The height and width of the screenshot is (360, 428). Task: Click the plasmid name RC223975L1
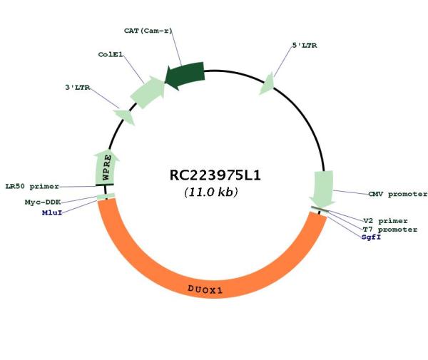[215, 175]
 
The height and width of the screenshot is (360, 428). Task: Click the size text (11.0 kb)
[211, 192]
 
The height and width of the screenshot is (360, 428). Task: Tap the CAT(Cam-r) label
[148, 31]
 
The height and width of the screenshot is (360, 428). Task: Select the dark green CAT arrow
[185, 76]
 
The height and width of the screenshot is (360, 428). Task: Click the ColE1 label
[111, 55]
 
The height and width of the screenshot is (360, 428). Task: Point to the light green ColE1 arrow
[148, 92]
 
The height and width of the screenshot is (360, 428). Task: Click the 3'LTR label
[78, 88]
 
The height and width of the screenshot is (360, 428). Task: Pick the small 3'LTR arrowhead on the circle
[125, 116]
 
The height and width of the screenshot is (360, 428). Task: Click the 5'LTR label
[305, 46]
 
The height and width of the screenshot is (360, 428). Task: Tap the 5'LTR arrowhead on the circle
[267, 84]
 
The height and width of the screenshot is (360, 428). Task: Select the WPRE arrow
[106, 167]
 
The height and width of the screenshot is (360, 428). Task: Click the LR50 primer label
[32, 187]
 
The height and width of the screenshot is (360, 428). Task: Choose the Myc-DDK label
[43, 202]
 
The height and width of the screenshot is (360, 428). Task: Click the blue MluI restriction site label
[52, 212]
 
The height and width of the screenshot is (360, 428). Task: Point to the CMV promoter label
[397, 194]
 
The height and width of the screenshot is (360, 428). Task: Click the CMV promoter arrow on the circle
[323, 189]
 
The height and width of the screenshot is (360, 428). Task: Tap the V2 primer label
[385, 221]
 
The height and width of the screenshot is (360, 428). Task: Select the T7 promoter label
[390, 230]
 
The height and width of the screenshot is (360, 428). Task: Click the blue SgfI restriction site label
[371, 237]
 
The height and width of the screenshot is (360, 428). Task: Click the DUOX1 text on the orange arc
[205, 289]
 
